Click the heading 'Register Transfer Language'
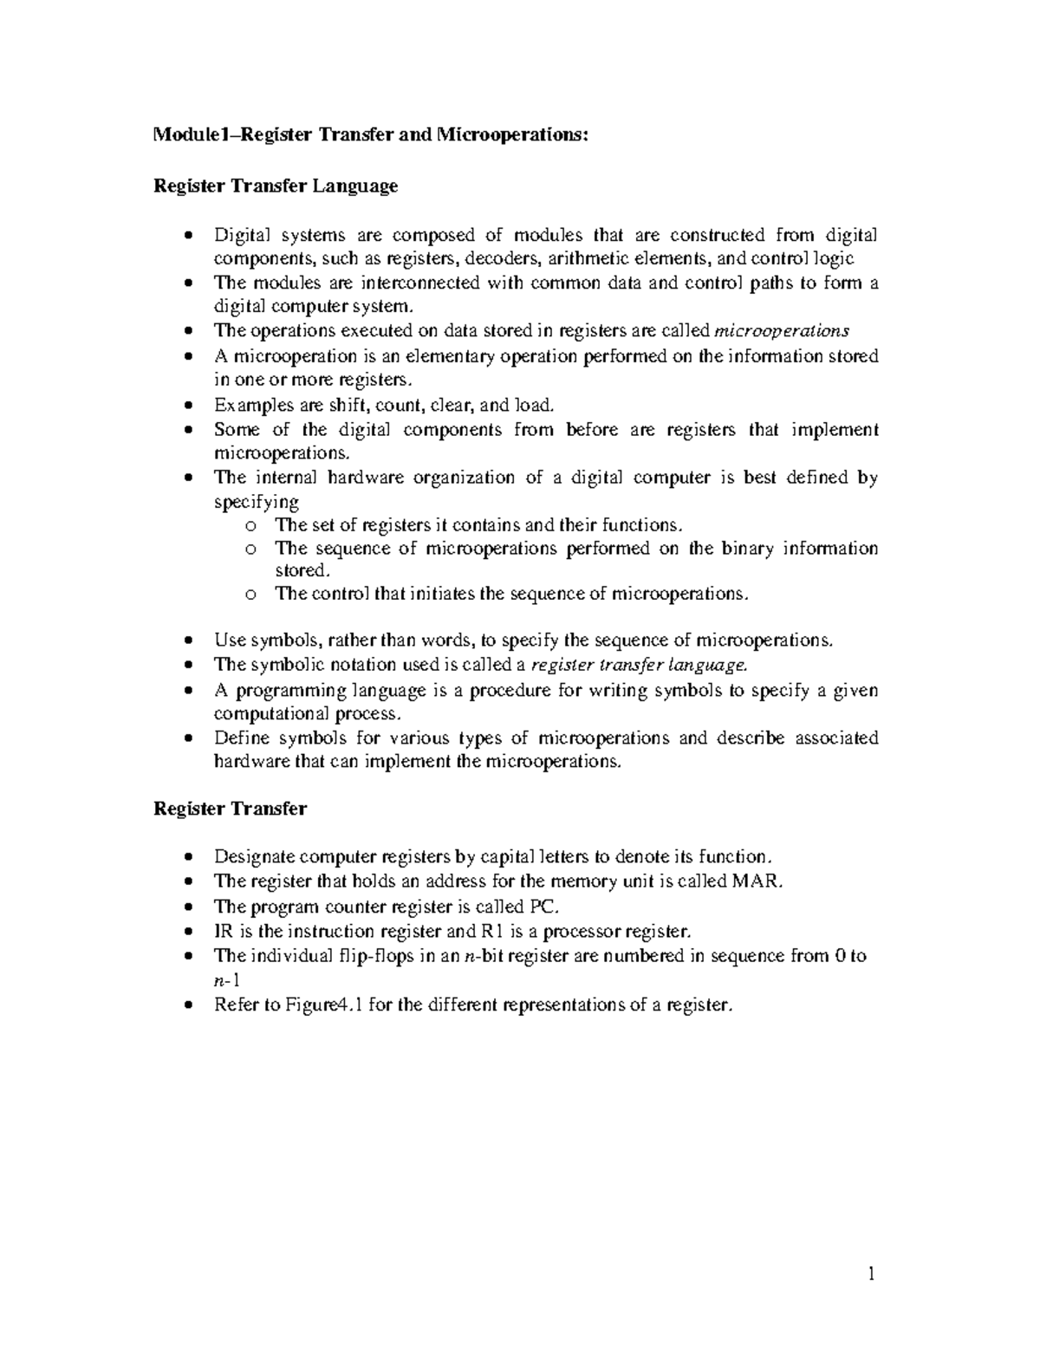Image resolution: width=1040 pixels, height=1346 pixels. (x=276, y=185)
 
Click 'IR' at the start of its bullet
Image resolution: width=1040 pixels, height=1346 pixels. (x=222, y=932)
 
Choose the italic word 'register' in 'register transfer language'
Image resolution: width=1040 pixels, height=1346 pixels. (x=563, y=666)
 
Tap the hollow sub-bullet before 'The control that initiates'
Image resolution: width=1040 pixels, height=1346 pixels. (x=250, y=595)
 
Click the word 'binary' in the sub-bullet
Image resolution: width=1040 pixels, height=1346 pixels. (x=743, y=548)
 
